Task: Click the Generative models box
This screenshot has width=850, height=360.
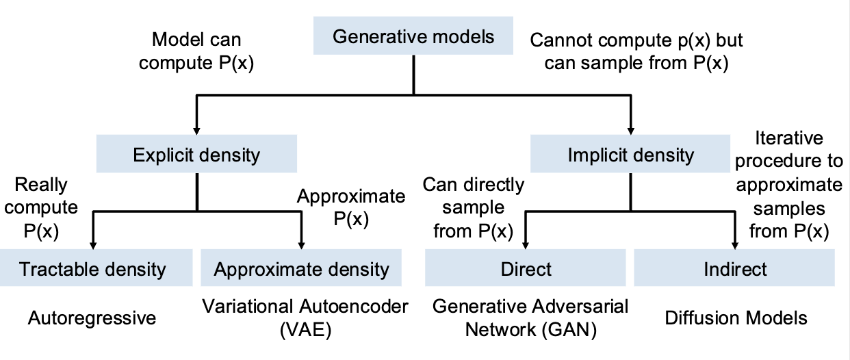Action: (x=413, y=36)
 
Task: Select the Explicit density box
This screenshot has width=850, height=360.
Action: (x=196, y=153)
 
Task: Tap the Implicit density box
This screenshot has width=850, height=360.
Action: (x=630, y=153)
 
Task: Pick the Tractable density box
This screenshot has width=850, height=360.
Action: (x=96, y=268)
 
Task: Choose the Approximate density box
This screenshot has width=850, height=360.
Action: (x=301, y=268)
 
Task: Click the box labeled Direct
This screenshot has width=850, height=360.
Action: (x=526, y=268)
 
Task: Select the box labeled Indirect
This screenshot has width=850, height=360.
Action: (x=734, y=268)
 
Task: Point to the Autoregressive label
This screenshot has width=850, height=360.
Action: (x=92, y=318)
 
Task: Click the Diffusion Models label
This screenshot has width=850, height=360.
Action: (x=736, y=318)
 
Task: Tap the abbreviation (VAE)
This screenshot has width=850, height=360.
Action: (x=305, y=330)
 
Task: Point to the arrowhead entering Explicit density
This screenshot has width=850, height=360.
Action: (x=196, y=131)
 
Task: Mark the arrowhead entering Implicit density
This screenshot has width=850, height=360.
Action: (x=631, y=131)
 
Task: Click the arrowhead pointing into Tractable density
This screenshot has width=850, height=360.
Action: (x=93, y=246)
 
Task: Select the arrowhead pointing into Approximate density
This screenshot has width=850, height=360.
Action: (x=301, y=246)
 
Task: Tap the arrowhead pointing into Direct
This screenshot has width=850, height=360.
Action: (x=526, y=246)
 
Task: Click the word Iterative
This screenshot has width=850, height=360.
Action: (x=789, y=138)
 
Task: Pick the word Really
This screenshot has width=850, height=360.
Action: (x=41, y=185)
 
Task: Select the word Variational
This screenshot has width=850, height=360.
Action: (x=253, y=307)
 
